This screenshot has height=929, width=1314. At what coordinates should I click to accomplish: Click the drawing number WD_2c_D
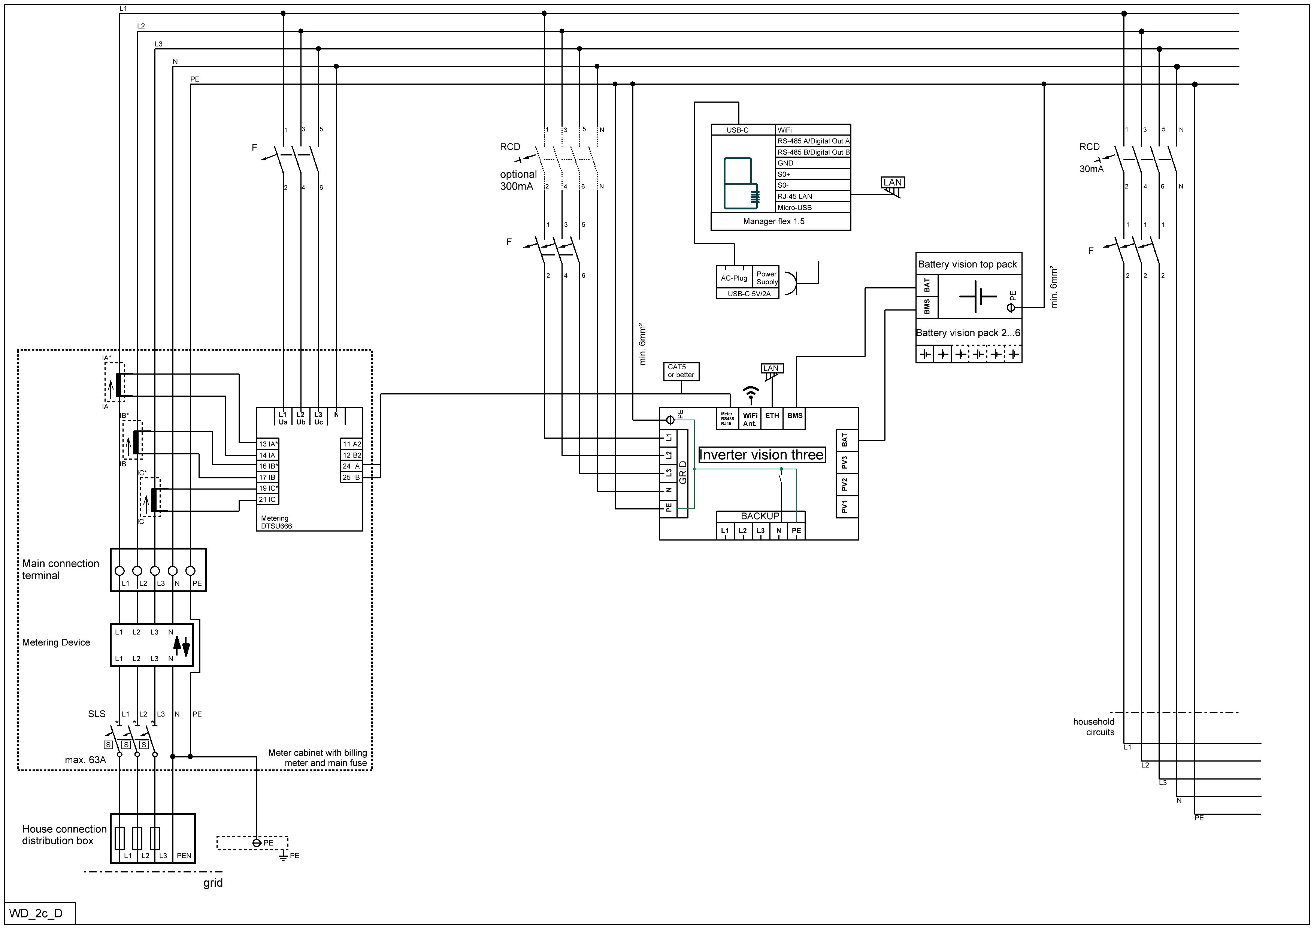pyautogui.click(x=36, y=913)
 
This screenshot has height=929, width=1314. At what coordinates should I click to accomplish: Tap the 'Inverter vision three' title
pyautogui.click(x=762, y=455)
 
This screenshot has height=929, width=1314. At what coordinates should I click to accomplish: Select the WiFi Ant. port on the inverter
pyautogui.click(x=750, y=419)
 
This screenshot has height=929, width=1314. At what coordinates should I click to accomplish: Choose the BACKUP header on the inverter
pyautogui.click(x=760, y=516)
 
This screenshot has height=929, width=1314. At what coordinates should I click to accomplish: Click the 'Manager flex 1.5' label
pyautogui.click(x=774, y=221)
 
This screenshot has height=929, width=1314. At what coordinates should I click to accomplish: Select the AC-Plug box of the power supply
pyautogui.click(x=734, y=278)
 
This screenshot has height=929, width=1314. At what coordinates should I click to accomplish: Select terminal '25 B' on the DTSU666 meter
pyautogui.click(x=351, y=477)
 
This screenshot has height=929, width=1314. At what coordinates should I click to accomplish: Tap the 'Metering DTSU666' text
pyautogui.click(x=276, y=523)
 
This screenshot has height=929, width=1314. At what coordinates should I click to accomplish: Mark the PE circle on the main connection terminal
pyautogui.click(x=191, y=571)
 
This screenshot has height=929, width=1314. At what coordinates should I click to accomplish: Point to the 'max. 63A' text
pyautogui.click(x=85, y=760)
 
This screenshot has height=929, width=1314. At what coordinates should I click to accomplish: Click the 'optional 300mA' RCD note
pyautogui.click(x=518, y=180)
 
